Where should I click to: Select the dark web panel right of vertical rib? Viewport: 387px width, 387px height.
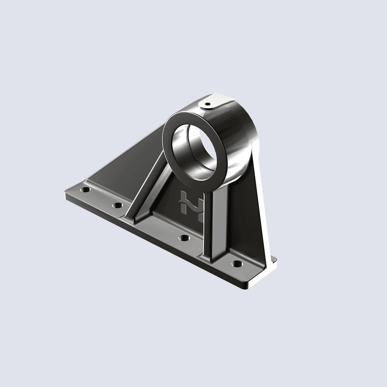(x=240, y=217)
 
